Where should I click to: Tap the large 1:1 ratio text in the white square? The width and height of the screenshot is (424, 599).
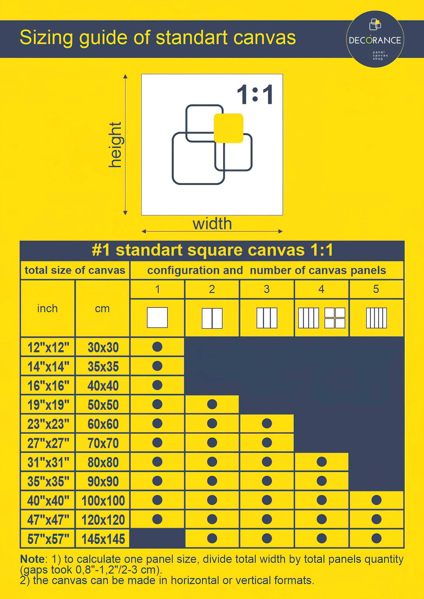click(x=255, y=94)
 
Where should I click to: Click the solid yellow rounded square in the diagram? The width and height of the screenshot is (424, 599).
click(x=229, y=128)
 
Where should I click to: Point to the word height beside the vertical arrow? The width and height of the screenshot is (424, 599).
click(x=115, y=145)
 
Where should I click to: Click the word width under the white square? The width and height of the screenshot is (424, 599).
click(x=212, y=224)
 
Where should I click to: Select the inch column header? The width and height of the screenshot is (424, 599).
click(x=47, y=308)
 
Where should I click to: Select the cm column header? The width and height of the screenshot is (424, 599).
click(x=102, y=309)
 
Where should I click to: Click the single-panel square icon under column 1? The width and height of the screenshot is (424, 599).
click(x=157, y=318)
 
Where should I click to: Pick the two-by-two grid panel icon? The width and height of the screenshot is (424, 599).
click(x=335, y=318)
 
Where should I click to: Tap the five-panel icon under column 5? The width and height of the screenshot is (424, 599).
click(x=376, y=318)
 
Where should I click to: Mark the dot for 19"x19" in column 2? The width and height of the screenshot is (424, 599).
click(x=212, y=404)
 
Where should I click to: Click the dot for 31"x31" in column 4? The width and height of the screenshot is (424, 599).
click(x=322, y=462)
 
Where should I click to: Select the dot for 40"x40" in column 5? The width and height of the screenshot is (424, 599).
click(x=377, y=500)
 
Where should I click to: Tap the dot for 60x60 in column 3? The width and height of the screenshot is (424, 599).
click(x=267, y=423)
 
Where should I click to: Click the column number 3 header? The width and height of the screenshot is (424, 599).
click(x=266, y=289)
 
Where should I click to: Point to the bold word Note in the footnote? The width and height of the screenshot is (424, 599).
click(x=32, y=559)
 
